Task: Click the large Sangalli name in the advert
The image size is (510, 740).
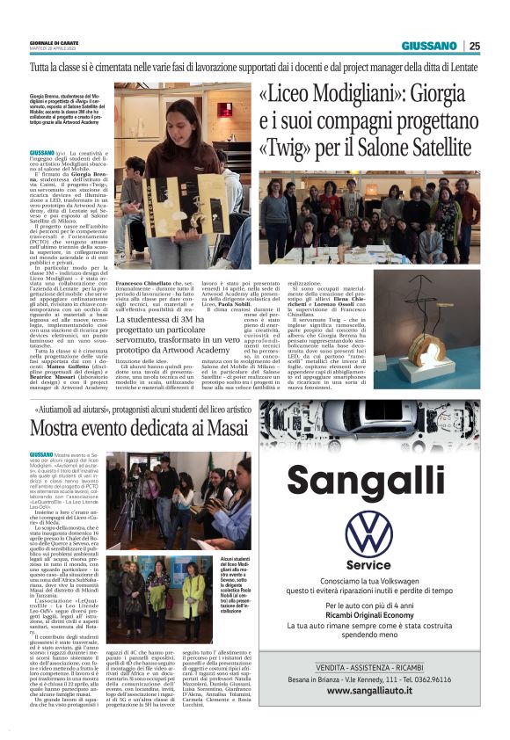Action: coord(368,482)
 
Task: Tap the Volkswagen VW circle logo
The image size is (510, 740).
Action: coord(368,533)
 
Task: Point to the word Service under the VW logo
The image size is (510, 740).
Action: coord(368,565)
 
